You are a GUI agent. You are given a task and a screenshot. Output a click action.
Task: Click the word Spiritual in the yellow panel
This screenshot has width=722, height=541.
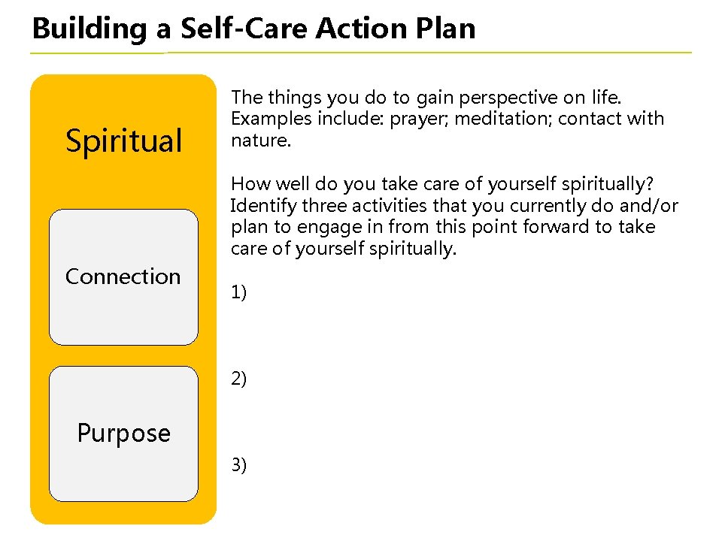(x=123, y=141)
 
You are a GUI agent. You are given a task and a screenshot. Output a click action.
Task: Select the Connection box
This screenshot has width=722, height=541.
(x=123, y=277)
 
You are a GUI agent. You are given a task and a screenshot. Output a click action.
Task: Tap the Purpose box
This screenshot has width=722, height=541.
(x=123, y=433)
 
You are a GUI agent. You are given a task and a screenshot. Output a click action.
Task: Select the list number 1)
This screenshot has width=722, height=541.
(x=238, y=292)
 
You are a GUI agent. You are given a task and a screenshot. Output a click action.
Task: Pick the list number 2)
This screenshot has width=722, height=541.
(x=238, y=379)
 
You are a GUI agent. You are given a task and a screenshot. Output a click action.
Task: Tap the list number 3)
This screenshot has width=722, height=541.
(x=238, y=465)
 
